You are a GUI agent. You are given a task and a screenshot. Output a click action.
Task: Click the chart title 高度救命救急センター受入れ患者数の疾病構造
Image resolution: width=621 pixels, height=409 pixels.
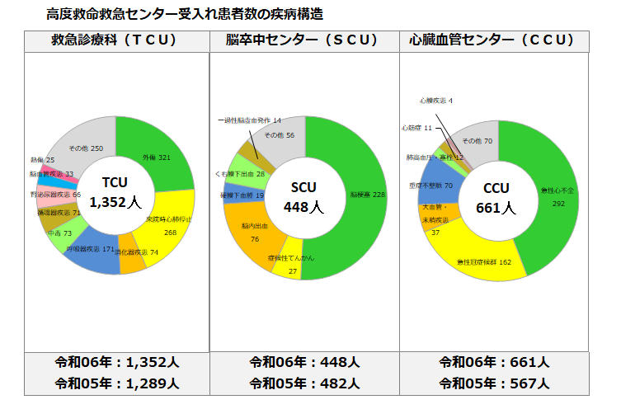pos(185,14)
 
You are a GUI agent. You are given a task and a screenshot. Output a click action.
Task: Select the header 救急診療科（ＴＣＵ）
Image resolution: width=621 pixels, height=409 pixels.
pos(115,40)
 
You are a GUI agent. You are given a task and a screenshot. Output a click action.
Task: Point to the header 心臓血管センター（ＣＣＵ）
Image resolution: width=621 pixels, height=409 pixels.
pos(494,40)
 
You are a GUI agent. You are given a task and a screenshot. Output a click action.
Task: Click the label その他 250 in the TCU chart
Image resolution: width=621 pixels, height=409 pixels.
pos(87,148)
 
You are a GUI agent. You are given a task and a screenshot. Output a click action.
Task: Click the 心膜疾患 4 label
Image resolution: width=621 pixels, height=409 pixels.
pos(435,101)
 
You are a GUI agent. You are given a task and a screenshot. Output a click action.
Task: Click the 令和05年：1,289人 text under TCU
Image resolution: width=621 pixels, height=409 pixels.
pos(116,383)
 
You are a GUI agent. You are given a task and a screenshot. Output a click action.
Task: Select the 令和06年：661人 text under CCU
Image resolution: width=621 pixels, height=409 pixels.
pos(494,361)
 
